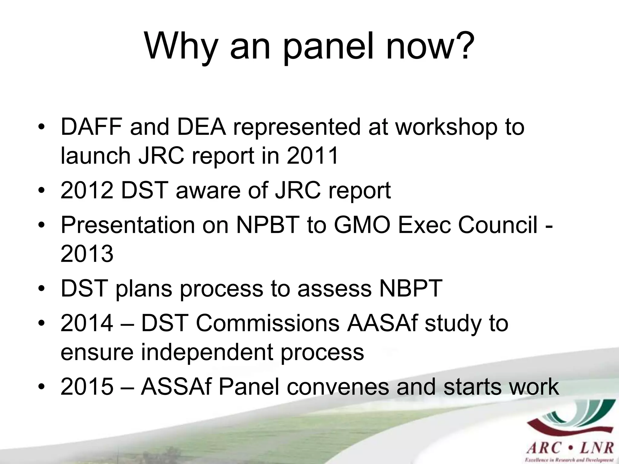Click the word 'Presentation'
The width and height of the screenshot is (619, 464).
[x=128, y=225]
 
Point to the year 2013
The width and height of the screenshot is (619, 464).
[x=87, y=254]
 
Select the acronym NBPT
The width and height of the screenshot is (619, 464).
[x=411, y=288]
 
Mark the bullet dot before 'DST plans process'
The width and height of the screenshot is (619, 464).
[x=42, y=289]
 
